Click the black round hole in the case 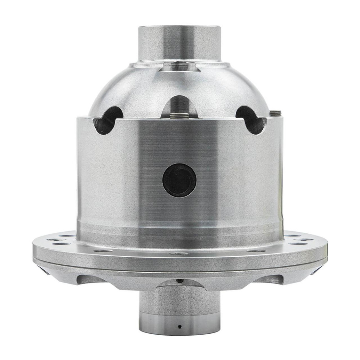pyautogui.click(x=179, y=180)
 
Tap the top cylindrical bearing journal pyautogui.click(x=179, y=43)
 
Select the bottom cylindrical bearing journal pyautogui.click(x=179, y=313)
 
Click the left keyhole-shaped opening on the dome pyautogui.click(x=108, y=120)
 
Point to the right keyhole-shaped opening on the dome pyautogui.click(x=251, y=120)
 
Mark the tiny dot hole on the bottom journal pyautogui.click(x=179, y=327)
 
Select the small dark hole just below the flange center pyautogui.click(x=179, y=280)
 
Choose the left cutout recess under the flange pyautogui.click(x=91, y=279)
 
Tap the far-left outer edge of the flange pyautogui.click(x=34, y=253)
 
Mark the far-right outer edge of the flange pyautogui.click(x=326, y=253)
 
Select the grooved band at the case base pyautogui.click(x=179, y=231)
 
